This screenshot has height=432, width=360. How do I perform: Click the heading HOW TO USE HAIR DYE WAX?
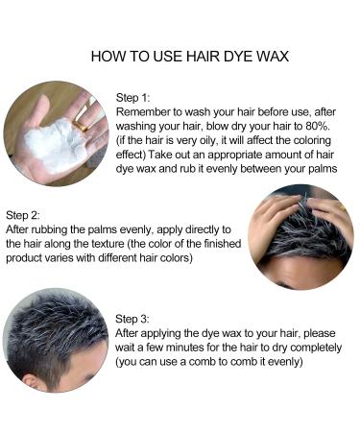tap(179, 56)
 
